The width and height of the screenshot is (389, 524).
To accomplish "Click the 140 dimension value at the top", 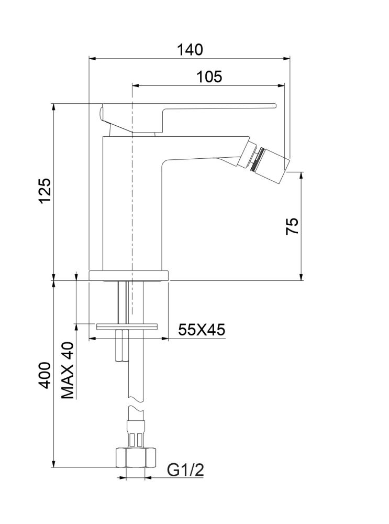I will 190,50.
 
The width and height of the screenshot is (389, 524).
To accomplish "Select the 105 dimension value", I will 209,77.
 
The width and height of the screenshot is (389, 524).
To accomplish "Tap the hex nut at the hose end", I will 136,457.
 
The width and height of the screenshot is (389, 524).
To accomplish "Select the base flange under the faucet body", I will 129,275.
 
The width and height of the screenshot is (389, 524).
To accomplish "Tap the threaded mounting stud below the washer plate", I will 121,346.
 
